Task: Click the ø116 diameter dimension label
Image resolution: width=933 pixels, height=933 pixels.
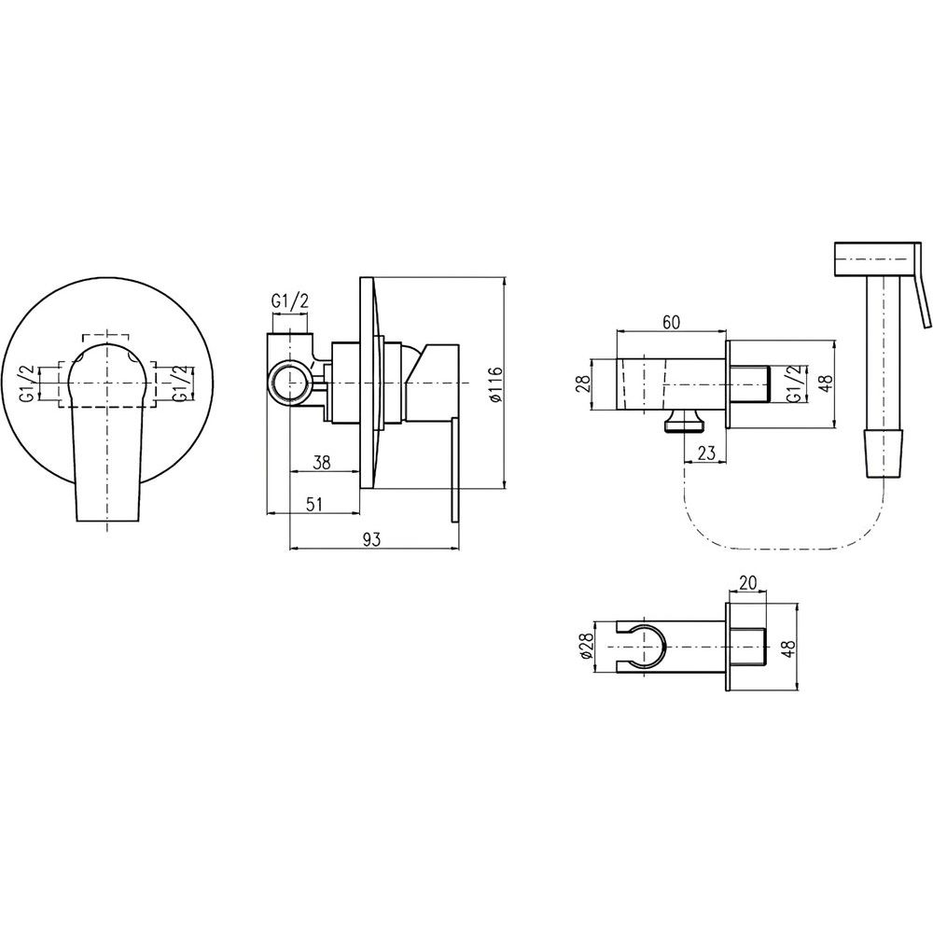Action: tap(497, 383)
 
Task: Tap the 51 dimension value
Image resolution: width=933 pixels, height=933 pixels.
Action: tap(313, 504)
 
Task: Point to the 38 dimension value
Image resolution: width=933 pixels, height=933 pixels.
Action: tap(321, 463)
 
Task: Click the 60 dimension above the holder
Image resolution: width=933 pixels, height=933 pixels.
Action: tap(671, 322)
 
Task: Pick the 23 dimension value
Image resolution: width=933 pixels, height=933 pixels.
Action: tap(705, 453)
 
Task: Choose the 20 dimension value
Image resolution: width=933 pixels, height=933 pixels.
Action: tap(748, 582)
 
